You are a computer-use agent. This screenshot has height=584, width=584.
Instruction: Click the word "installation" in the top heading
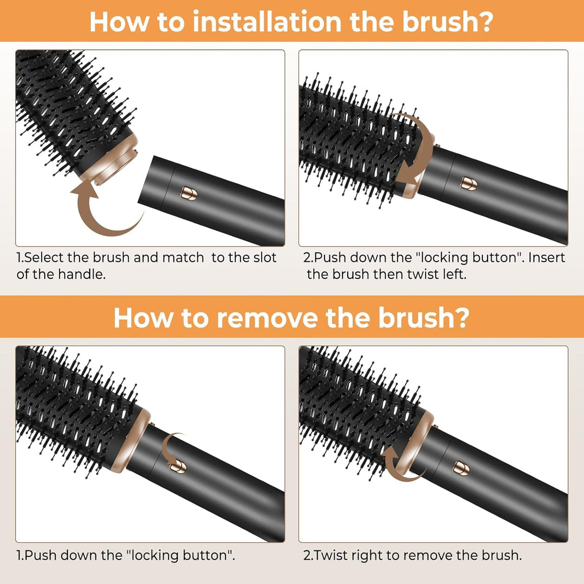pos(267,22)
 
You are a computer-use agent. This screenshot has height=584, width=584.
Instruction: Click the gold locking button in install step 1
pos(189,193)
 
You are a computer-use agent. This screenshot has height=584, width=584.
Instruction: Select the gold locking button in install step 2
pos(469,183)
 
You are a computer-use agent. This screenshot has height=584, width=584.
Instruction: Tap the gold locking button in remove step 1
pos(178,466)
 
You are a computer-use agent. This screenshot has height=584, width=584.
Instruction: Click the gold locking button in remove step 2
pos(461,467)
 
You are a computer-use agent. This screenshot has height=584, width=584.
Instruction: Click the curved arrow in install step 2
pos(414,149)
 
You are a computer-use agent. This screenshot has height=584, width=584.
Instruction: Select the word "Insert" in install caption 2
pos(547,257)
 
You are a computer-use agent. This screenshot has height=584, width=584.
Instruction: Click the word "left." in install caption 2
pos(455,274)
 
